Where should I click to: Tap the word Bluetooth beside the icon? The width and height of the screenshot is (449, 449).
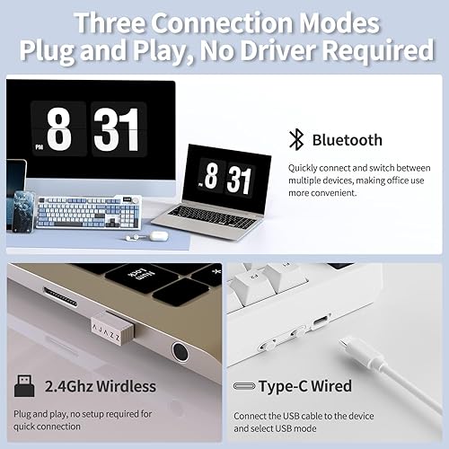click(x=347, y=139)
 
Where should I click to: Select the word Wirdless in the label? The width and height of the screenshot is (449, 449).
click(x=122, y=387)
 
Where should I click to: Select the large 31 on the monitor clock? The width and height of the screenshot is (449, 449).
click(x=116, y=131)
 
